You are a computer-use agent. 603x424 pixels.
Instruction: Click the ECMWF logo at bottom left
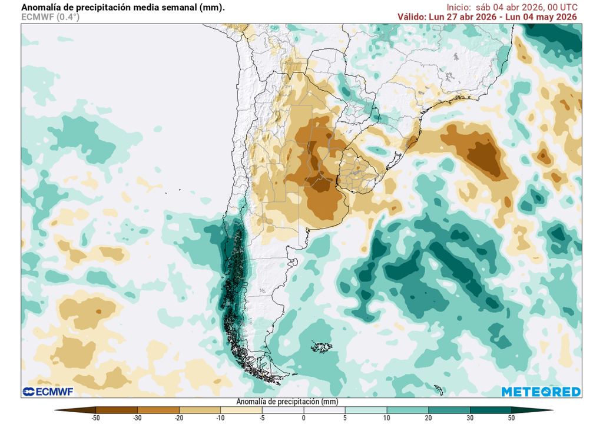pyautogui.click(x=47, y=392)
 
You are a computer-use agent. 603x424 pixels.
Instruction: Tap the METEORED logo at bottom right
pyautogui.click(x=541, y=392)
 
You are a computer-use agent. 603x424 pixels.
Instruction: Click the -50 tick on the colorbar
pyautogui.click(x=95, y=418)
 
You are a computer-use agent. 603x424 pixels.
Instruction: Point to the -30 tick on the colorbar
pyautogui.click(x=137, y=418)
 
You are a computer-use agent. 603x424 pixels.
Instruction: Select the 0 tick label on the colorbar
pyautogui.click(x=304, y=418)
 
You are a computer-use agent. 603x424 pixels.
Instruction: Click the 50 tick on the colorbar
pyautogui.click(x=511, y=418)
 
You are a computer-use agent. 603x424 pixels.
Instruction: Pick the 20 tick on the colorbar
pyautogui.click(x=428, y=418)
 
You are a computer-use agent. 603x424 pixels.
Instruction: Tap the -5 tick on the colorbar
pyautogui.click(x=262, y=418)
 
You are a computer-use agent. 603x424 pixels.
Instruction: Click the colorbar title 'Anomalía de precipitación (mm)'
pyautogui.click(x=287, y=402)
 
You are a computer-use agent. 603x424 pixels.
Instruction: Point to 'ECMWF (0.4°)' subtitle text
pyautogui.click(x=50, y=17)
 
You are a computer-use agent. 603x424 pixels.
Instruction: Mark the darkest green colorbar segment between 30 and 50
pyautogui.click(x=491, y=409)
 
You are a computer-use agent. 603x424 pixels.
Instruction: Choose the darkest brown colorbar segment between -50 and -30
pyautogui.click(x=116, y=409)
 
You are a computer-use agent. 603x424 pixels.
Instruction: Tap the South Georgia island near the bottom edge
pyautogui.click(x=438, y=389)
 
